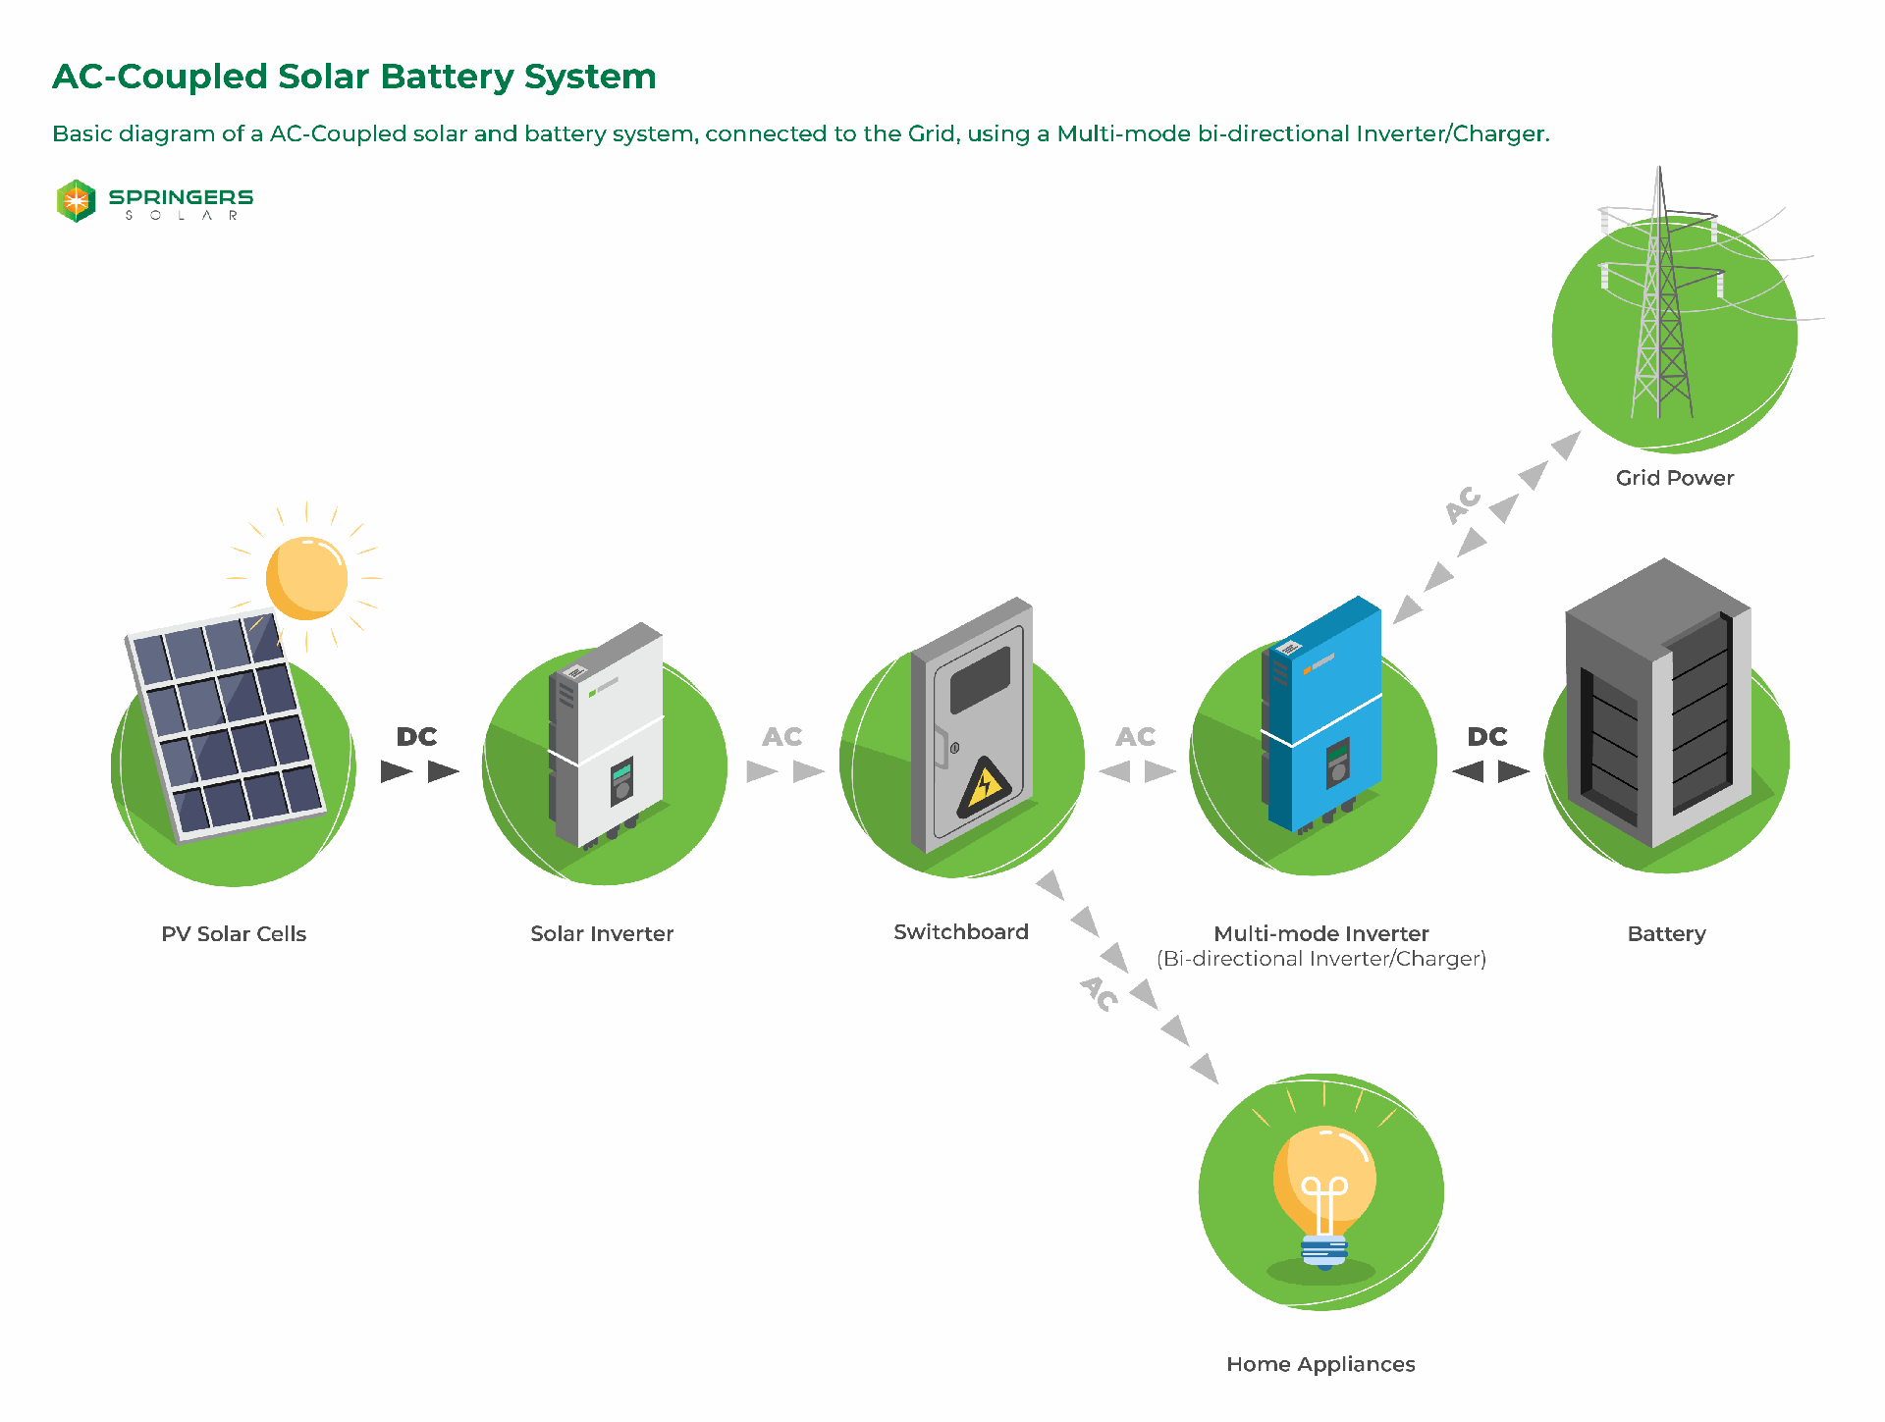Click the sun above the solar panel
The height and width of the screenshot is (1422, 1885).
tap(306, 578)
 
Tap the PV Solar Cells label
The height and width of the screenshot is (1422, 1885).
tap(234, 933)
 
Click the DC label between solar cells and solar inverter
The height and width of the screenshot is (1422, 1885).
tap(416, 737)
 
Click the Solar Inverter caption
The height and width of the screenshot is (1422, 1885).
tap(602, 933)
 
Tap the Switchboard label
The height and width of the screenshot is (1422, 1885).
tap(960, 931)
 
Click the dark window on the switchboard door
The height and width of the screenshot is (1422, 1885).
tap(980, 679)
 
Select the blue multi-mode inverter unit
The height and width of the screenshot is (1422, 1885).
tap(1325, 716)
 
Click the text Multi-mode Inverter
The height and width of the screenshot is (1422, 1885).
tap(1320, 933)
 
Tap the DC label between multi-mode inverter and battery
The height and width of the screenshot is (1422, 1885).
tap(1486, 737)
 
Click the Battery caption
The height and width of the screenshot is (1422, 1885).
tap(1666, 933)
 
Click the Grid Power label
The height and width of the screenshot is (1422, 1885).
tap(1674, 478)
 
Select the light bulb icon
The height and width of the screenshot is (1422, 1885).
tap(1323, 1192)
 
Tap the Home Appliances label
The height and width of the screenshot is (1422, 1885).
tap(1320, 1364)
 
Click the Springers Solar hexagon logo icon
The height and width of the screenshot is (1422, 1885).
tap(76, 201)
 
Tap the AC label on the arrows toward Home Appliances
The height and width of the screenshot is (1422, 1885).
tap(1100, 992)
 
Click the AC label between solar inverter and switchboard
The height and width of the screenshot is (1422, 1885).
tap(781, 737)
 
